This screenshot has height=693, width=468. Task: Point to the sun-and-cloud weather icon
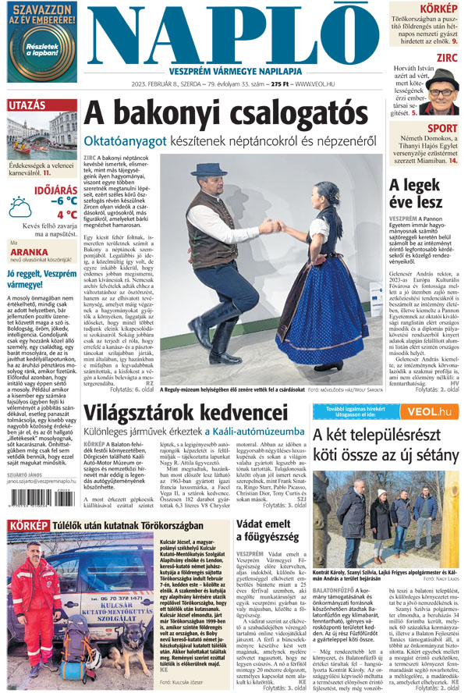pos(21,207)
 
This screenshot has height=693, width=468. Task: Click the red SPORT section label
pos(442,129)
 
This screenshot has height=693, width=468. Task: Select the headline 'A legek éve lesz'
pos(426,194)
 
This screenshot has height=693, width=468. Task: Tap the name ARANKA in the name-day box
pos(29,251)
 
